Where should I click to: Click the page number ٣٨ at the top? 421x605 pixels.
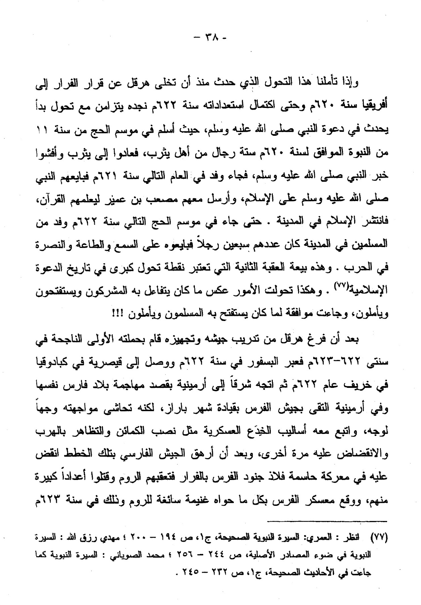tap(210, 37)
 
